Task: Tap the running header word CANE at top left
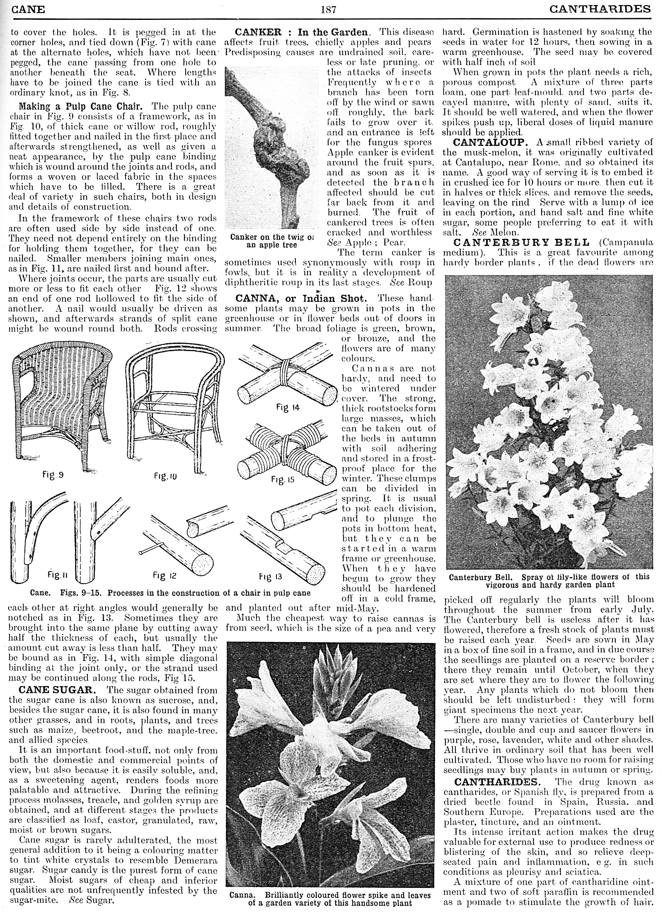point(28,9)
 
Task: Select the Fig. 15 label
point(283,480)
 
